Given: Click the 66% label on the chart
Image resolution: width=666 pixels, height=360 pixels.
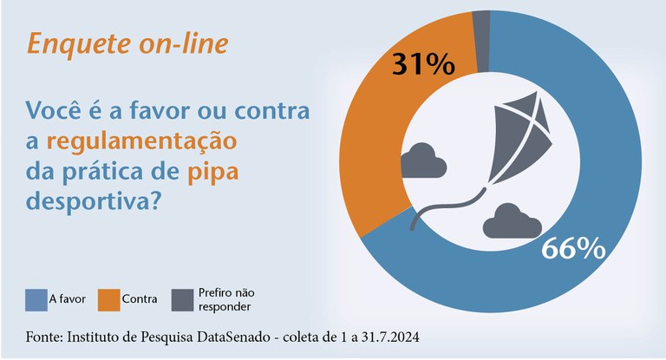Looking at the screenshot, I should tap(572, 248).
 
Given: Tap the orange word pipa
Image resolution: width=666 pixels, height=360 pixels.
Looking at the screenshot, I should tap(212, 172).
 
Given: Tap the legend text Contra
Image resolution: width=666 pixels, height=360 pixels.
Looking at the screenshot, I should tap(140, 299).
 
